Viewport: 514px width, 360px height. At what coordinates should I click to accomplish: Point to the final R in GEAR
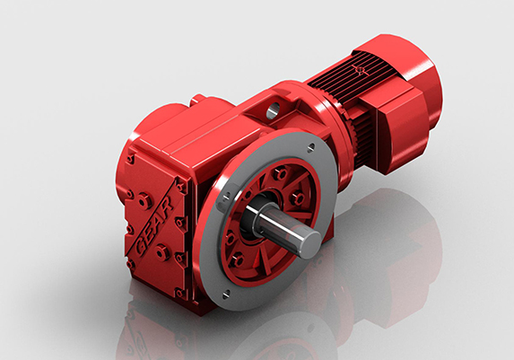167,206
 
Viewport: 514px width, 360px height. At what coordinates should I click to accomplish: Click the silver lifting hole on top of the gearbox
273,110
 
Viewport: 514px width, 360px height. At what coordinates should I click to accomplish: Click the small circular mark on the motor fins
360,69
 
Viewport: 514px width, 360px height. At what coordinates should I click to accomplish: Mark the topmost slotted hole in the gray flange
310,147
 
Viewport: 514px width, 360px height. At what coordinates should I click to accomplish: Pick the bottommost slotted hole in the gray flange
226,296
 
